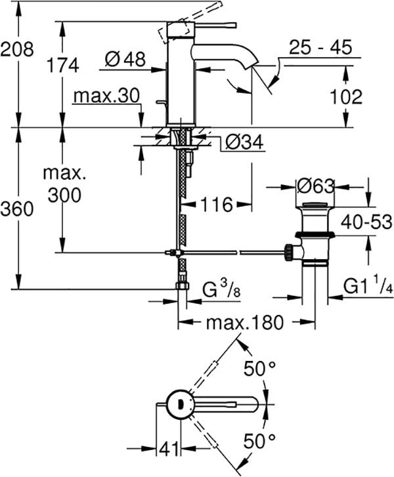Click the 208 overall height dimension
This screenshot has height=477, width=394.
[x=17, y=49]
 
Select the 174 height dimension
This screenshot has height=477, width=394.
[x=63, y=65]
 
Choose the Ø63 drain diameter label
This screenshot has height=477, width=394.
[x=314, y=186]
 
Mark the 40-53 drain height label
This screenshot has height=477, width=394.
[x=366, y=223]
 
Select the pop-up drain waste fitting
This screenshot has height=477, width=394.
[x=315, y=236]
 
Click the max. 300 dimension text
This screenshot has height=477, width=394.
[x=64, y=185]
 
